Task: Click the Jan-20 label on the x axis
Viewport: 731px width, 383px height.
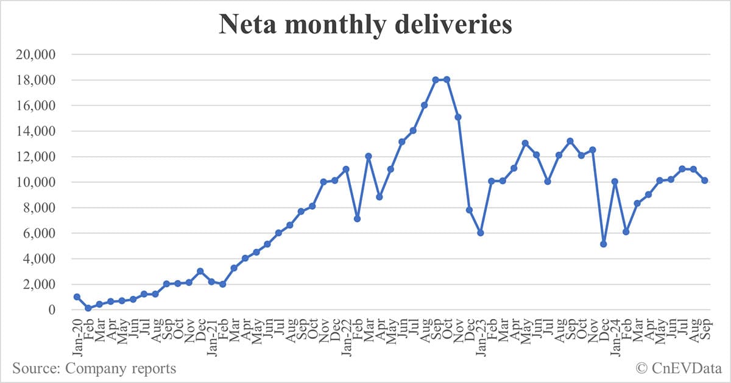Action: click(x=77, y=333)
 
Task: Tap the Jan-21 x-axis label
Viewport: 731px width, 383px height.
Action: click(x=211, y=333)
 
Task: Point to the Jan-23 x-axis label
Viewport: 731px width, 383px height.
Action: click(x=481, y=333)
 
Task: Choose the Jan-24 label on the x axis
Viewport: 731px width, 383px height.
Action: click(x=615, y=333)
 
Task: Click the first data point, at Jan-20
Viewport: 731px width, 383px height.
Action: click(x=77, y=297)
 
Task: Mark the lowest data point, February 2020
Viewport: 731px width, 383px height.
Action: click(x=88, y=308)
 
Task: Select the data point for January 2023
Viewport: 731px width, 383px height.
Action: click(x=481, y=233)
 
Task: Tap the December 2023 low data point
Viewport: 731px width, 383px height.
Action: click(x=604, y=244)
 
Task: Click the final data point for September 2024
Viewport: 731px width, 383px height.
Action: click(x=705, y=181)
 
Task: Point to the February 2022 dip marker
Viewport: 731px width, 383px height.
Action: click(x=357, y=218)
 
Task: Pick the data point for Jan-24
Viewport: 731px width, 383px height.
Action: click(x=615, y=181)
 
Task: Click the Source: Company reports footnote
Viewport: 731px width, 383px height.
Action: click(x=93, y=368)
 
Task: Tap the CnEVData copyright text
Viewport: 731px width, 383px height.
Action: click(x=677, y=368)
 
